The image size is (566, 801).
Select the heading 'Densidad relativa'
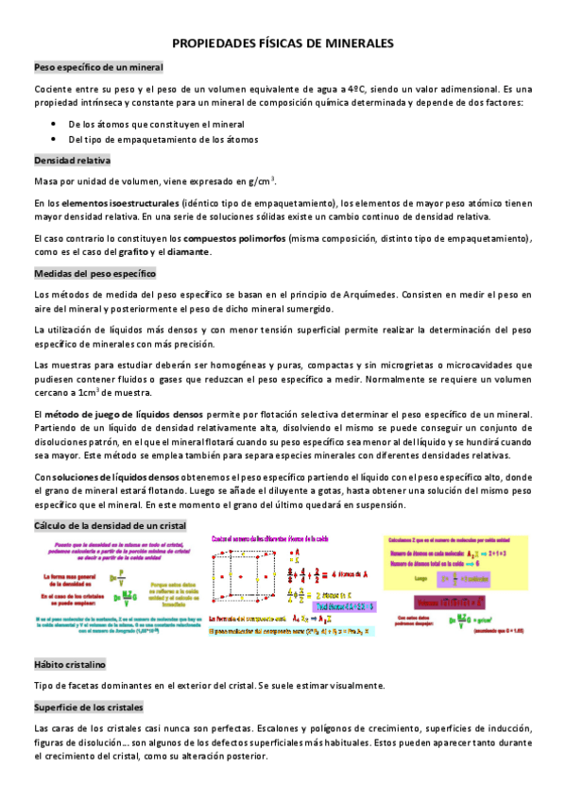point(73,160)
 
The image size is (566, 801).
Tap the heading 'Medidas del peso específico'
point(94,273)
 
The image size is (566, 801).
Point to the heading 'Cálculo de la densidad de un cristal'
point(110,524)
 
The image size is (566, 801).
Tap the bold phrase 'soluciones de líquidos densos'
point(109,476)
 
